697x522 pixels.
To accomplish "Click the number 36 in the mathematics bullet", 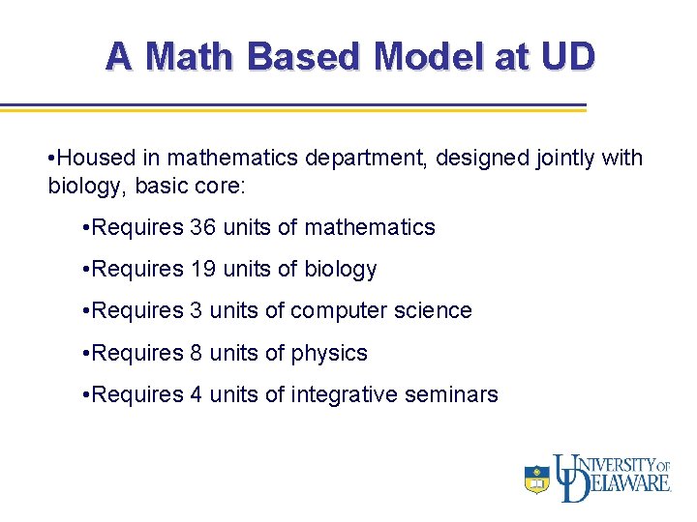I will pos(203,228).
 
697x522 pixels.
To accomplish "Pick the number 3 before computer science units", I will pos(197,311).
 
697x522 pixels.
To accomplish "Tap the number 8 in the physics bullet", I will pos(197,353).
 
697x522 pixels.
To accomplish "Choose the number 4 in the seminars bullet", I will pos(197,394).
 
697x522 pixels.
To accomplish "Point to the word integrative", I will pos(348,394).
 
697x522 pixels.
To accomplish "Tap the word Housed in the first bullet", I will pos(94,158).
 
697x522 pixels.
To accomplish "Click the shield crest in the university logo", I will pos(537,478).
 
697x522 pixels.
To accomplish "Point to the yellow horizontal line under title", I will pos(290,111).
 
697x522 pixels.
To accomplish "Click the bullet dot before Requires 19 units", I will pos(88,270).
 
